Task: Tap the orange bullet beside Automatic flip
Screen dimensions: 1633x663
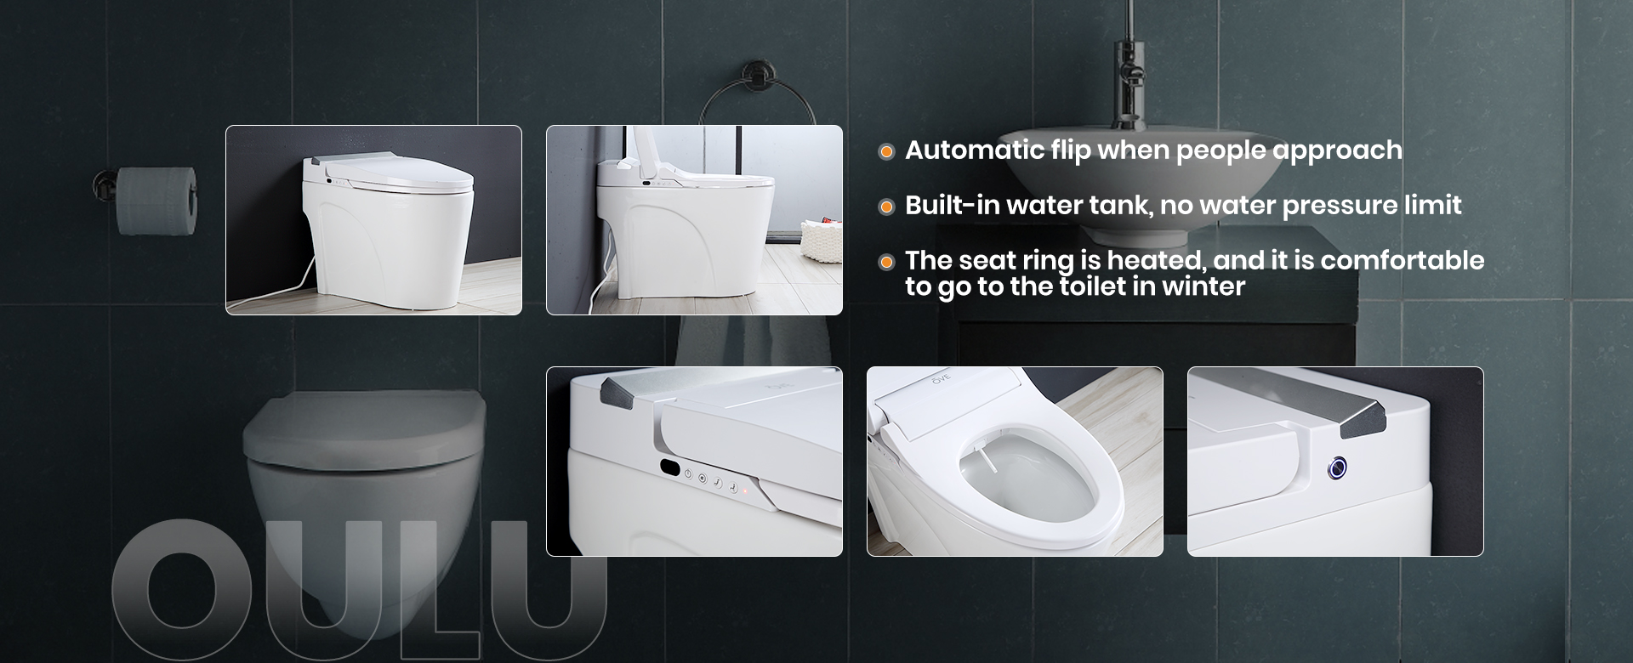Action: point(886,151)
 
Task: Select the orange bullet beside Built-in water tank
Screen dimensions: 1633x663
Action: point(886,207)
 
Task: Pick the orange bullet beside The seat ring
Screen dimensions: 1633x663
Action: point(886,262)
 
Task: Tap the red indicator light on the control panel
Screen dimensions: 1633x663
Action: point(745,490)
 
